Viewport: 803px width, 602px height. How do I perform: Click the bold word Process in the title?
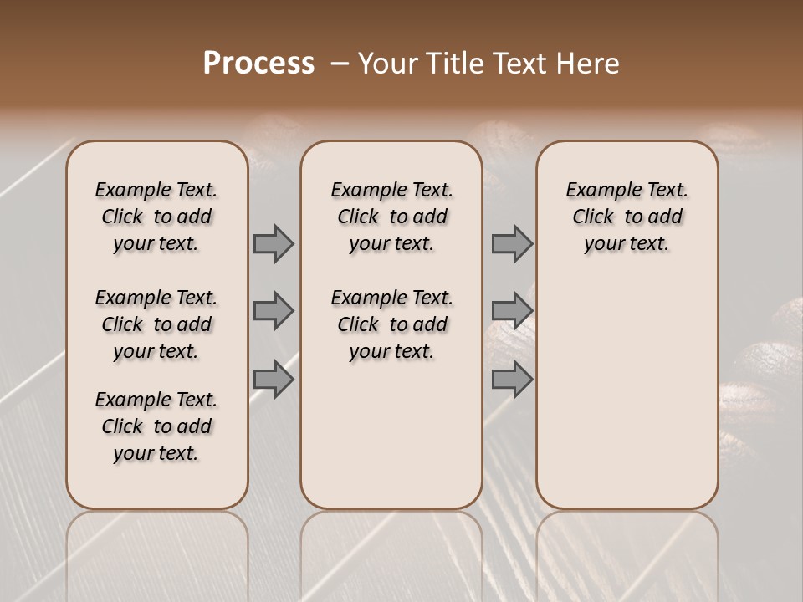[x=258, y=64]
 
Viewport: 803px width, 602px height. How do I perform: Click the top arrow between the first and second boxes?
[x=274, y=243]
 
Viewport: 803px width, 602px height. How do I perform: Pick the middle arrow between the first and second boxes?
[x=274, y=311]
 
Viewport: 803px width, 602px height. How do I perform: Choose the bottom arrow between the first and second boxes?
[x=274, y=380]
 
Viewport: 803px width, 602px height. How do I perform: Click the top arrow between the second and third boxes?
[x=512, y=243]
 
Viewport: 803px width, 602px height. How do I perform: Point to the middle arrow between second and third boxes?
[x=512, y=311]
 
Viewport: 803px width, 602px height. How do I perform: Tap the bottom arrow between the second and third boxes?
[x=512, y=380]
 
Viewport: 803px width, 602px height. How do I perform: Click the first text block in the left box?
[x=156, y=217]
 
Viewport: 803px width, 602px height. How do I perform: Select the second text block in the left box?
[x=156, y=324]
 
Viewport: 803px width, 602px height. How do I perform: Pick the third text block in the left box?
[x=156, y=426]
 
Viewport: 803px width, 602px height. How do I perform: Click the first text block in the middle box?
[x=391, y=217]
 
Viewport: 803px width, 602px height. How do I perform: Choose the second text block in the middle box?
[x=391, y=324]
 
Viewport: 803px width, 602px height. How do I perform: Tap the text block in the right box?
[x=627, y=217]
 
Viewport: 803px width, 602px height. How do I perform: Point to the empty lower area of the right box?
[x=627, y=393]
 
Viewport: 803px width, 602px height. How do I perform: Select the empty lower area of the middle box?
[x=391, y=435]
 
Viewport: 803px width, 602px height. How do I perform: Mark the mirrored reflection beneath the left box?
[x=156, y=552]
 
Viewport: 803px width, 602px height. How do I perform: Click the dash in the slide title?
[x=340, y=64]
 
